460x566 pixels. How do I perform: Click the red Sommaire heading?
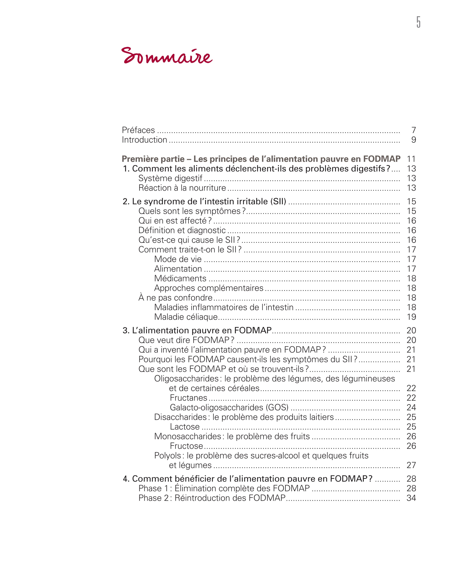[x=167, y=56]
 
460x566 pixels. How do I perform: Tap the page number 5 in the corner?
[x=418, y=22]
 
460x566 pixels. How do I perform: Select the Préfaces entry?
[x=138, y=130]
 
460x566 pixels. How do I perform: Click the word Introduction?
[x=144, y=140]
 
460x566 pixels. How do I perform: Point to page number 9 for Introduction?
[x=413, y=140]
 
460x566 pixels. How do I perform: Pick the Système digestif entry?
[x=170, y=178]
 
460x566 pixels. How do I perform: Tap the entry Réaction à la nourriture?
[x=182, y=188]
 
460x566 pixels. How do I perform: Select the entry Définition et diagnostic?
[x=182, y=230]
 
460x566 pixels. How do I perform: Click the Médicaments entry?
[x=180, y=278]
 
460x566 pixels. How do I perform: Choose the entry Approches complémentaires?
[x=209, y=288]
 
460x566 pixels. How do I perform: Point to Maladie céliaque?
[x=186, y=317]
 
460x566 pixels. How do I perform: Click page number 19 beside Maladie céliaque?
[x=411, y=317]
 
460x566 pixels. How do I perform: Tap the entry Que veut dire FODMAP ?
[x=186, y=340]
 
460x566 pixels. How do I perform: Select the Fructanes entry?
[x=188, y=398]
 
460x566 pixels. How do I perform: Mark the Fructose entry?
[x=186, y=446]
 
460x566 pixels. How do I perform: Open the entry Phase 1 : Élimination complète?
[x=224, y=488]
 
